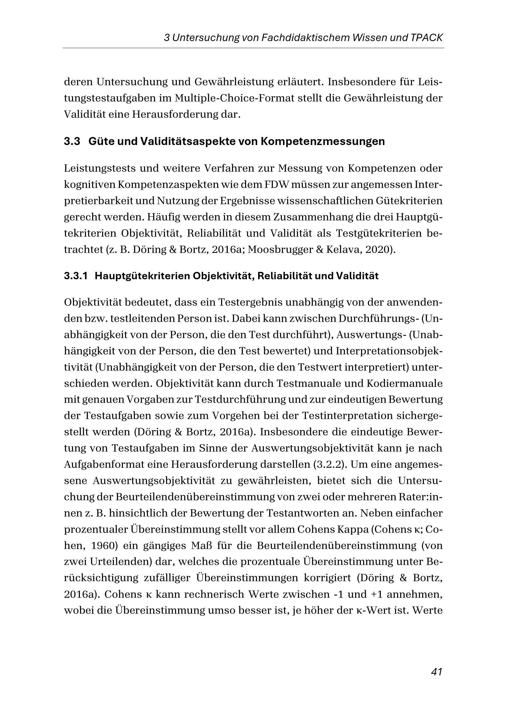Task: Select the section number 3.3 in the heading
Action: tap(72, 141)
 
